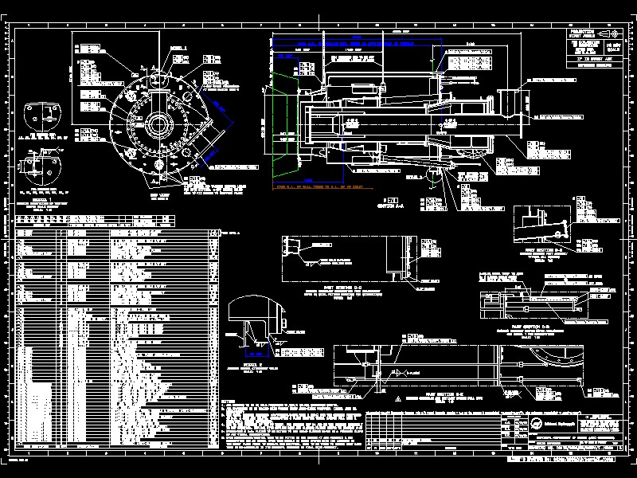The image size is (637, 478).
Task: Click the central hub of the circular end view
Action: coord(159,125)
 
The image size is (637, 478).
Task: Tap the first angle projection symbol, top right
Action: coord(611,34)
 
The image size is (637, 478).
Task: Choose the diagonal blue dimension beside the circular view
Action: coord(224,128)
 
